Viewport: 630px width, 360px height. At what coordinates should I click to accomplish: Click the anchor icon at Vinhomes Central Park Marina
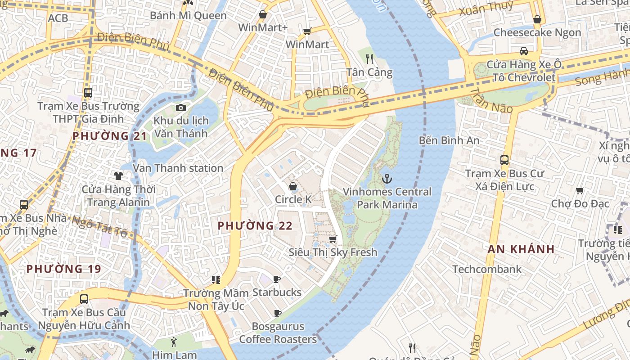[387, 179]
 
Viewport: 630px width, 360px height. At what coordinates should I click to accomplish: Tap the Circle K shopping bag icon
[293, 186]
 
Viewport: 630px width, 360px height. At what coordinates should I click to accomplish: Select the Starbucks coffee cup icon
[277, 279]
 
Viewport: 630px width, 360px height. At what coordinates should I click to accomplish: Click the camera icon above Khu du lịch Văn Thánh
[181, 108]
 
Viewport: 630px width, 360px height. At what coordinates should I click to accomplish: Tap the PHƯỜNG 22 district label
[255, 226]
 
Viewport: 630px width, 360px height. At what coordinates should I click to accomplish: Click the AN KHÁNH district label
[521, 249]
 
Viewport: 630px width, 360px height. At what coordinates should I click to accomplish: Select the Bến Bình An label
[449, 140]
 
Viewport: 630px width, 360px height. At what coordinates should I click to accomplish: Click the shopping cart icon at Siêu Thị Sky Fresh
[333, 239]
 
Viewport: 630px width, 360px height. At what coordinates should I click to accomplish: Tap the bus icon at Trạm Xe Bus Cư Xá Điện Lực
[504, 160]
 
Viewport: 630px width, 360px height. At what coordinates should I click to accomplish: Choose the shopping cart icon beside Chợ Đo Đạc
[580, 191]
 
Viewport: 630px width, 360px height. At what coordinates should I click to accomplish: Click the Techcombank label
[487, 270]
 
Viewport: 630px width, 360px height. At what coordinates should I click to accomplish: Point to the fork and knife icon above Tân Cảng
[369, 58]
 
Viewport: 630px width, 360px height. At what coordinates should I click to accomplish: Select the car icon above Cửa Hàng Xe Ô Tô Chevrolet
[524, 51]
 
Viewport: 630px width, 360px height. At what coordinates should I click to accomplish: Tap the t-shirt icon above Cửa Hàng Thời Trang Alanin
[118, 175]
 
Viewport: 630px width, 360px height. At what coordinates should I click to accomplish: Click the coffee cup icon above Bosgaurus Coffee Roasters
[278, 313]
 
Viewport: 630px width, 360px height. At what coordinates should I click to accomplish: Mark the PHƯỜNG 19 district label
[63, 269]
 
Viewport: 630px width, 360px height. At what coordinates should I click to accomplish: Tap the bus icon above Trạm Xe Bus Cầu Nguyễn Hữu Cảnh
[84, 299]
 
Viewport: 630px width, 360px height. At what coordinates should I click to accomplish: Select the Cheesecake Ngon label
[537, 32]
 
